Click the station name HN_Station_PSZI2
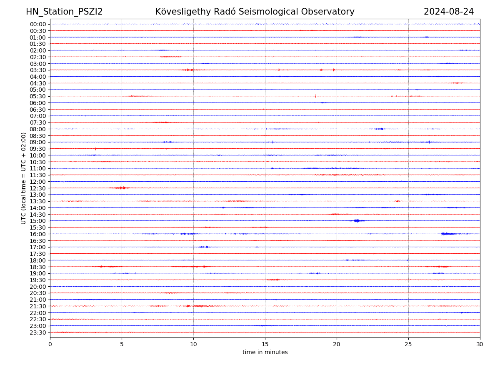pyautogui.click(x=64, y=12)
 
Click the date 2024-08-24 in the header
pyautogui.click(x=449, y=12)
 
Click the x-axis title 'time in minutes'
pyautogui.click(x=265, y=352)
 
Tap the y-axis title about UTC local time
pyautogui.click(x=24, y=178)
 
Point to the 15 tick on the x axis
pyautogui.click(x=265, y=344)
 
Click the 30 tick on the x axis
pyautogui.click(x=480, y=344)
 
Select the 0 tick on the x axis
pyautogui.click(x=50, y=344)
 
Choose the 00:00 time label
pyautogui.click(x=38, y=24)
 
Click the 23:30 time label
pyautogui.click(x=38, y=332)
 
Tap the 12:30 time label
pyautogui.click(x=38, y=188)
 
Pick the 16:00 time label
pyautogui.click(x=38, y=234)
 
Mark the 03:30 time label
pyautogui.click(x=38, y=70)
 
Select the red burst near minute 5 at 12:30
pyautogui.click(x=122, y=188)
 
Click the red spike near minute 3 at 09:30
pyautogui.click(x=95, y=148)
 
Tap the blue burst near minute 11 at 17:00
pyautogui.click(x=204, y=247)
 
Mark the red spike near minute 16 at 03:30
pyautogui.click(x=279, y=70)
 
